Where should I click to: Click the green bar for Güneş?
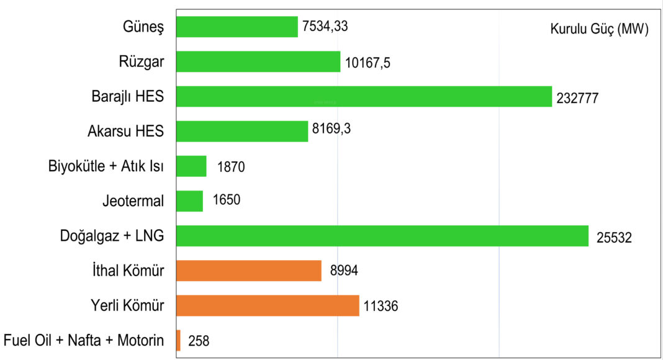[237, 27]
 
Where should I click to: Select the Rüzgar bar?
[258, 61]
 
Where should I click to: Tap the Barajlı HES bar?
[364, 96]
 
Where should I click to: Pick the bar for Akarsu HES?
[242, 131]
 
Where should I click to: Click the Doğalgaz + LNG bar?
[382, 236]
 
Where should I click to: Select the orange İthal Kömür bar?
[249, 271]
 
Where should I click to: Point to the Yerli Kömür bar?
[268, 305]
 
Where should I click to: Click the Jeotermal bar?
[190, 201]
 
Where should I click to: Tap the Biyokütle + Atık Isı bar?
[191, 166]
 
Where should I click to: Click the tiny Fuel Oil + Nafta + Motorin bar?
[178, 340]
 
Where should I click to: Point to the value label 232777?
[577, 97]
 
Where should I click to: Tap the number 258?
[199, 341]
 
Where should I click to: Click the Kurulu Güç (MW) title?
[599, 29]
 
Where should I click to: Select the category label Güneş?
[143, 27]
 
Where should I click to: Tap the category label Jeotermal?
[133, 201]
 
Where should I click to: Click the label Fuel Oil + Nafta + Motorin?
[84, 341]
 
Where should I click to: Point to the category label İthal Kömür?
[127, 271]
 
